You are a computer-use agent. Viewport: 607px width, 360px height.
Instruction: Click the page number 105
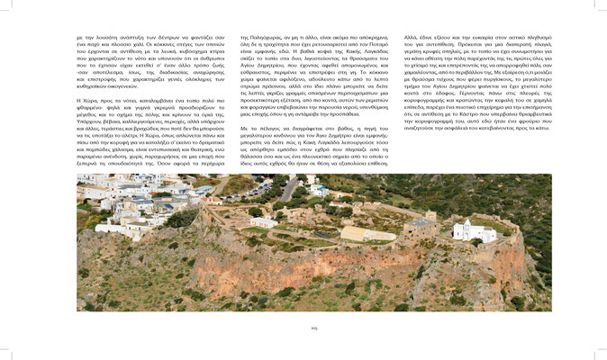click(303, 328)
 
